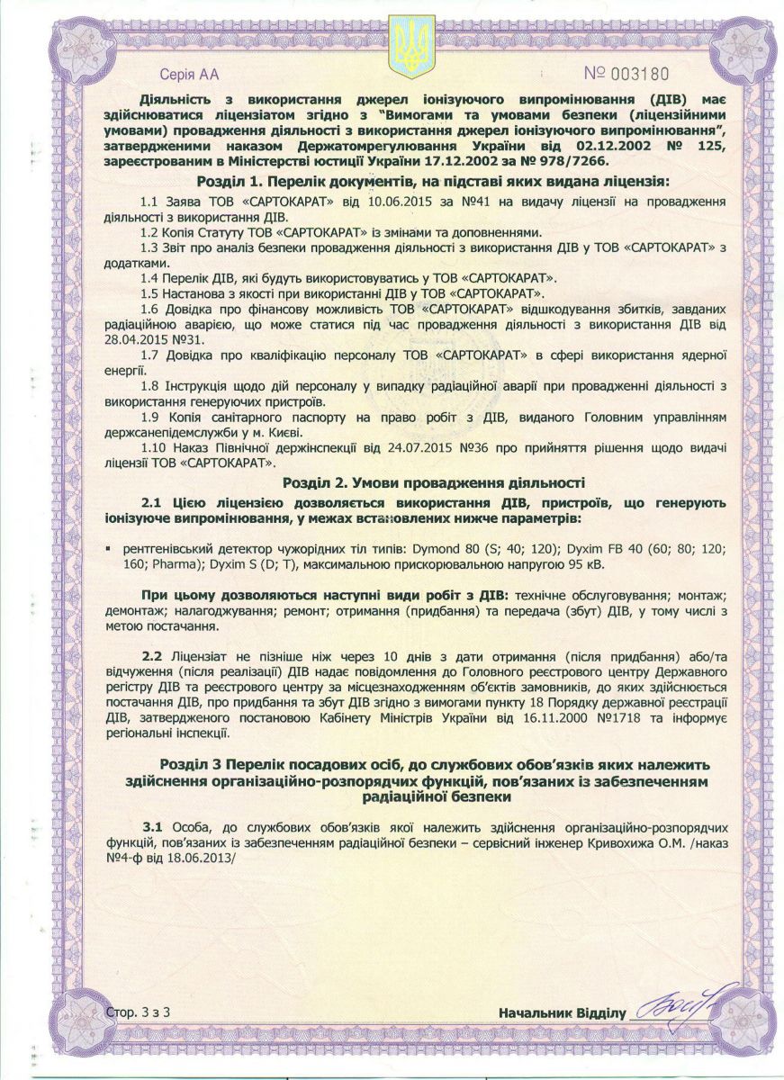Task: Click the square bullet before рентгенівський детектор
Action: pos(108,548)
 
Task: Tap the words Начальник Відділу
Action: pos(561,1014)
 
